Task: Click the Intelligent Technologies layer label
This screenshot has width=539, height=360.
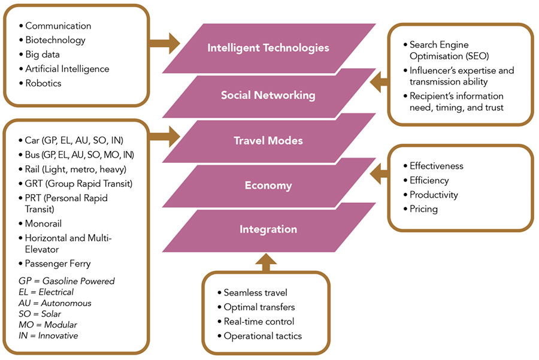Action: (x=268, y=48)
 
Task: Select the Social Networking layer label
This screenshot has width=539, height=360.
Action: (x=268, y=95)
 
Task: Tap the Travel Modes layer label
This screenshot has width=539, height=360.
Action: (x=268, y=141)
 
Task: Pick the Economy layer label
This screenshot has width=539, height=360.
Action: (x=268, y=186)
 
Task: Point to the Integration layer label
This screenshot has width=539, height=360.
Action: (x=268, y=229)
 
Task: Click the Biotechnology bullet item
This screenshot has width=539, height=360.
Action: (x=55, y=40)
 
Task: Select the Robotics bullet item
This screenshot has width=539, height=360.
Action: (x=43, y=83)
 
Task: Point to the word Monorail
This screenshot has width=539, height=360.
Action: (x=44, y=223)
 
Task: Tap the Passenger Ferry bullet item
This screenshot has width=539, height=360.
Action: (x=57, y=263)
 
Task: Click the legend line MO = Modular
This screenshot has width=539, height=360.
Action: (x=48, y=324)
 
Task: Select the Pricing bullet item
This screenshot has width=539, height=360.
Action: (x=423, y=209)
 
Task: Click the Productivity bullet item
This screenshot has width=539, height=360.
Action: (x=434, y=195)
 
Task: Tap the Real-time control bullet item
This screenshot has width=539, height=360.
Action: (x=258, y=322)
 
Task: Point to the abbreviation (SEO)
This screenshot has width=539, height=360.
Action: (x=476, y=56)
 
